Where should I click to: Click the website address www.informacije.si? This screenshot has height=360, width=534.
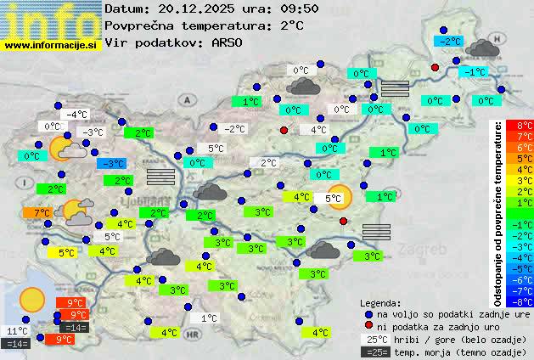click(x=51, y=44)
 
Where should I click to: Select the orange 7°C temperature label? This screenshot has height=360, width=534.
click(x=42, y=212)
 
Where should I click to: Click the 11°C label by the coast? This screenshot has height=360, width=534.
click(x=17, y=331)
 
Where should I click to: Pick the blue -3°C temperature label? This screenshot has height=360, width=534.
click(x=111, y=164)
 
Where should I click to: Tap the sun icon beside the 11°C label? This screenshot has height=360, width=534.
click(x=32, y=299)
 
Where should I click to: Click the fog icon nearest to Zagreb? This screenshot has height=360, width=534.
click(x=375, y=232)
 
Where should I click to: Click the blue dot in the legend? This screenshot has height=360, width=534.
click(x=368, y=313)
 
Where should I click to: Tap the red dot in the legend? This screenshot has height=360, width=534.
click(x=368, y=325)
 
